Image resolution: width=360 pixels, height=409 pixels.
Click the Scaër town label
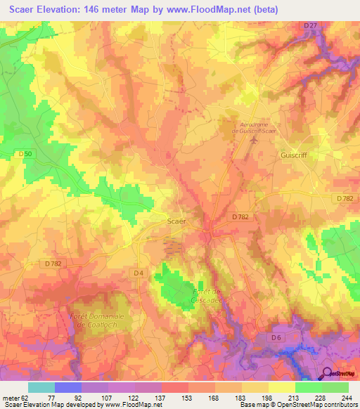click(x=176, y=221)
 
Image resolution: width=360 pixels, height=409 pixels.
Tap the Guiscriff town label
click(x=295, y=155)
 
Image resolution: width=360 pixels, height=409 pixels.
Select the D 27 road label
click(x=310, y=26)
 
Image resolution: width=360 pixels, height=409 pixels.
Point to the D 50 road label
click(x=25, y=154)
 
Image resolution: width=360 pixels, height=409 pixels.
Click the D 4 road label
click(x=138, y=272)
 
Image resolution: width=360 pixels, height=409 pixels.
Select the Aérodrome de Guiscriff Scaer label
click(x=255, y=125)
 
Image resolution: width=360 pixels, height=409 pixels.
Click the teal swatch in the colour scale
click(x=41, y=387)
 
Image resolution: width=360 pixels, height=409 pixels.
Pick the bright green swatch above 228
click(x=309, y=387)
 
